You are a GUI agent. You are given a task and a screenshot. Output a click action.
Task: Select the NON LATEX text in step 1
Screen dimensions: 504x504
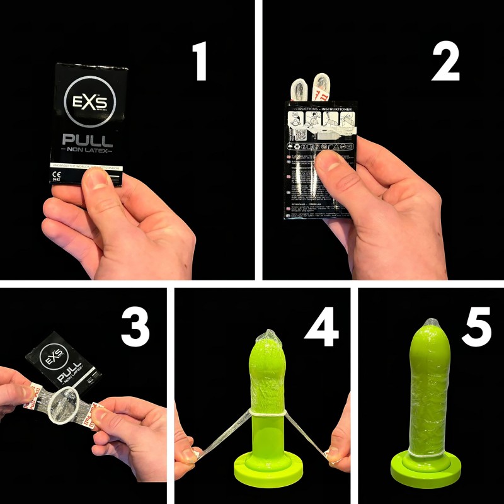click(88, 152)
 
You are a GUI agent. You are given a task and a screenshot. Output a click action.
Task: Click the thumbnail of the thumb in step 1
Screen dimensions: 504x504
click(98, 179)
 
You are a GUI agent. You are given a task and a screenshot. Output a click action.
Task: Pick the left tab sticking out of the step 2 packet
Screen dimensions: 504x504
click(296, 89)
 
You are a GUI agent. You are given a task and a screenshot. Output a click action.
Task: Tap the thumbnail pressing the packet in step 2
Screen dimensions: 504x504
click(328, 162)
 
